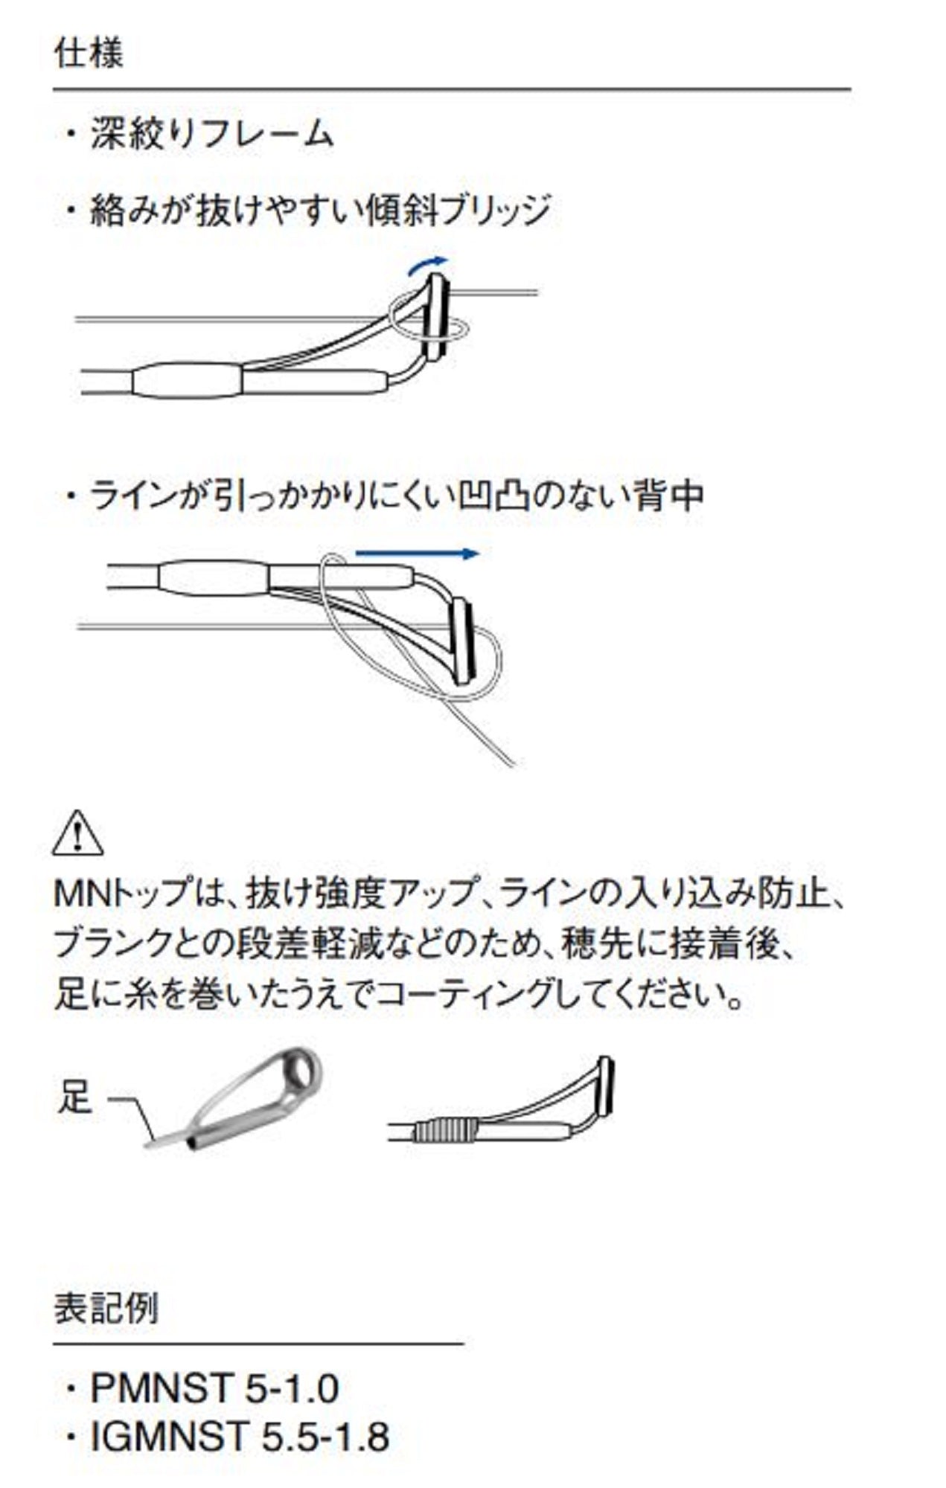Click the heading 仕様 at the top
89,54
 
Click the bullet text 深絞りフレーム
211,135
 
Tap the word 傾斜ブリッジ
457,211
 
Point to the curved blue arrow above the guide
427,265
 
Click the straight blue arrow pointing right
417,554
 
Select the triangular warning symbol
78,834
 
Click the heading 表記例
106,1308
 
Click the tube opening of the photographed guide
194,1144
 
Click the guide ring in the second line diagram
464,641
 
